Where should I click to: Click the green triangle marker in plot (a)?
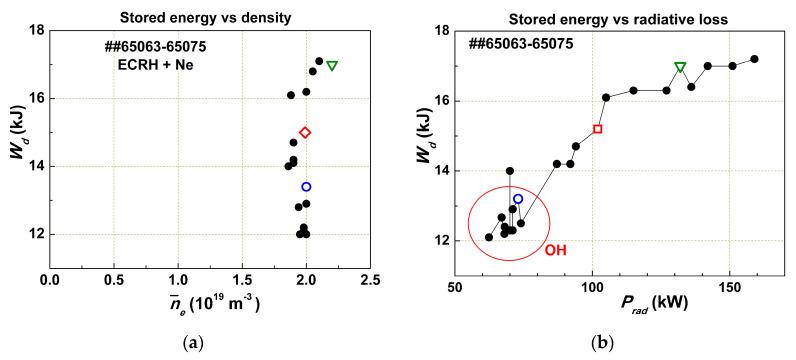[332, 66]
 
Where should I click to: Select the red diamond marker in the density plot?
[305, 132]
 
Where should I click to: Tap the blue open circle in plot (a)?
[306, 187]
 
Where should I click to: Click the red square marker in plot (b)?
[597, 129]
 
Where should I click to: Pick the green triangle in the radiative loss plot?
[680, 68]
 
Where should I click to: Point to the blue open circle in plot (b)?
[518, 199]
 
